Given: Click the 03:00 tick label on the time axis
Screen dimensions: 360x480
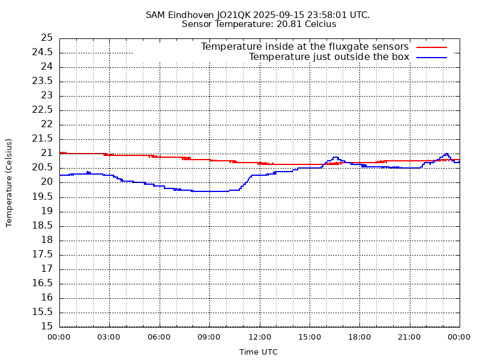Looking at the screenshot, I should [109, 337].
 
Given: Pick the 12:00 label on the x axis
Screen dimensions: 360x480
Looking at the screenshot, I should [260, 337].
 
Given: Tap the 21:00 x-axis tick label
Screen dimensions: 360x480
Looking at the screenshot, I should [410, 337].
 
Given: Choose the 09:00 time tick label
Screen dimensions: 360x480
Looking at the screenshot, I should [209, 337].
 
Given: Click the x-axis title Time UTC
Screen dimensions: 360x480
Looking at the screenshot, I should [259, 352].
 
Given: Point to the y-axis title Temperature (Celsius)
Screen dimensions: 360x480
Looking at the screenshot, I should [9, 182].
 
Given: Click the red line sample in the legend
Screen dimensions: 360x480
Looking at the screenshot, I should [432, 47].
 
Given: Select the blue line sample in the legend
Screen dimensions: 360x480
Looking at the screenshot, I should [432, 57].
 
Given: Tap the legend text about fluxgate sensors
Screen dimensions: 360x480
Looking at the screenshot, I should [304, 47].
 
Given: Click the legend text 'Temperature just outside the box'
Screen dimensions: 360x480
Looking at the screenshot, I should [329, 57].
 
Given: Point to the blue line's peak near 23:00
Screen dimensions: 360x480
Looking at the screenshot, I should [446, 154].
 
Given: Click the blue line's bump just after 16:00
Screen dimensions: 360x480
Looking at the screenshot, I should [335, 157].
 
